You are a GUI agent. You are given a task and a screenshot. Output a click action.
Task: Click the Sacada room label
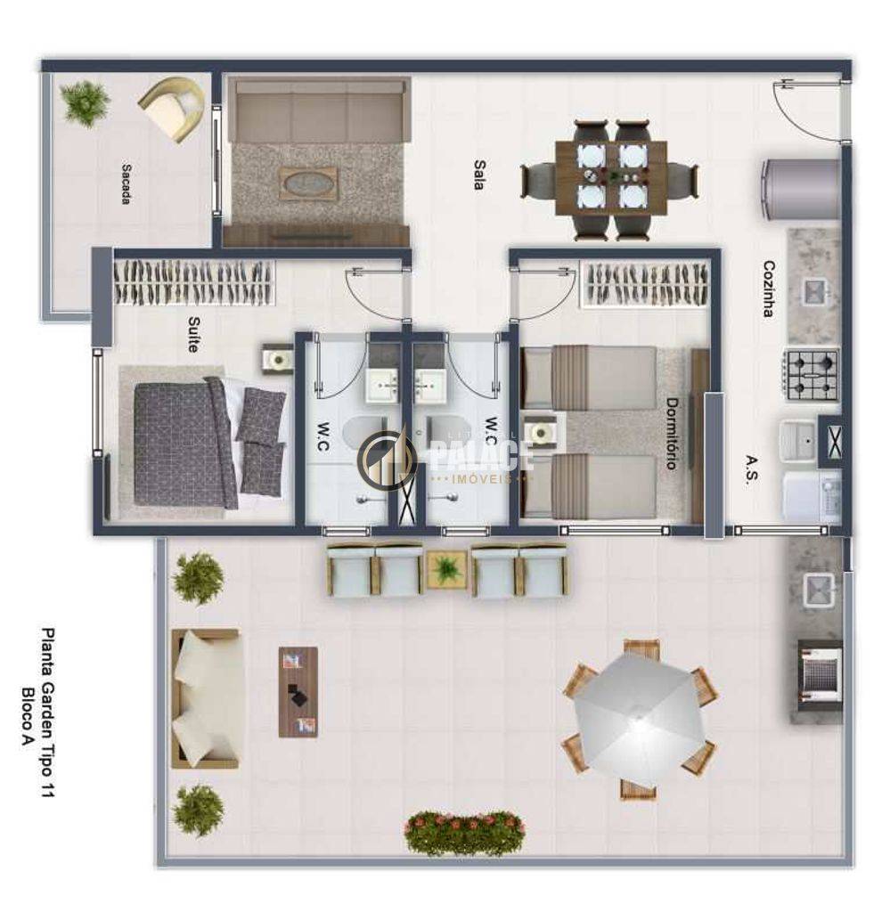point(126,183)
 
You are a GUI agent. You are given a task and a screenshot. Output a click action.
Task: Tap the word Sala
point(479,175)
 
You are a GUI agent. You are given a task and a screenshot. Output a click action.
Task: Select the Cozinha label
point(769,289)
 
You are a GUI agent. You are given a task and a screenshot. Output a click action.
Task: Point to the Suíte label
point(193,334)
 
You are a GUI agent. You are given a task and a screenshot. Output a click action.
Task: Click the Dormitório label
point(672,434)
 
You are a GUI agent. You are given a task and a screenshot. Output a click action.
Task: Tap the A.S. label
point(751,468)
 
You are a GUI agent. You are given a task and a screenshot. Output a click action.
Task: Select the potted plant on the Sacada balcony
point(85,103)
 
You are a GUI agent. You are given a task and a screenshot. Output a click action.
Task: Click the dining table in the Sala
point(610,178)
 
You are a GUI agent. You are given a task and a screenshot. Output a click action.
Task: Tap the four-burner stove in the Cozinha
point(812,375)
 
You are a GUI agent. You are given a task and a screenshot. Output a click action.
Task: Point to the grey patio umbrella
point(639,719)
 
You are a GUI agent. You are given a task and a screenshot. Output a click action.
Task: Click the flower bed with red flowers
point(464,833)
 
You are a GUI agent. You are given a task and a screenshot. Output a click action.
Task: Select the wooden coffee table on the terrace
point(298,691)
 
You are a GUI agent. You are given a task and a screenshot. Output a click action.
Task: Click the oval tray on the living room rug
point(308,183)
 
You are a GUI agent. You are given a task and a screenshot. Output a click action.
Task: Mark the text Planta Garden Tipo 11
point(48,712)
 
